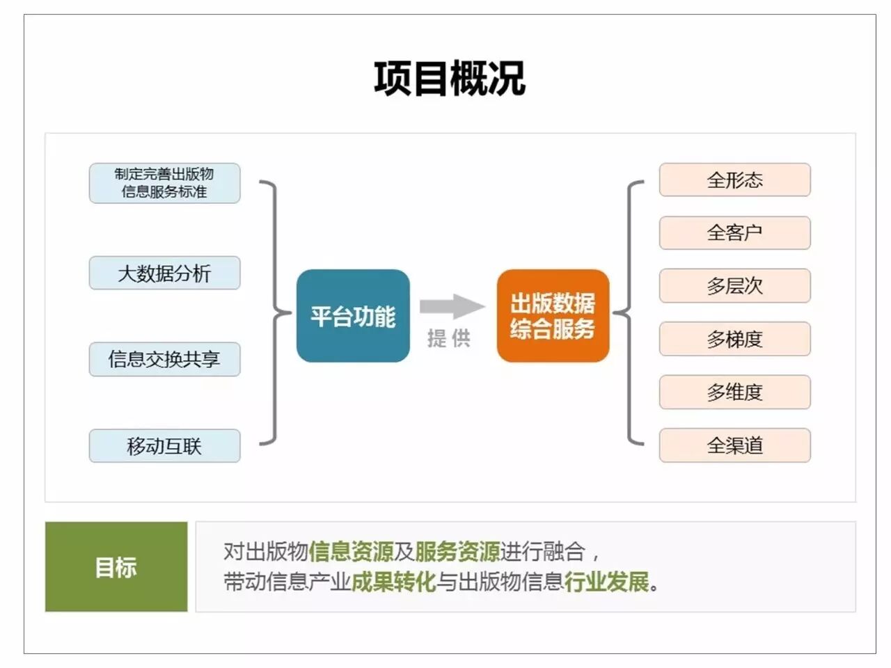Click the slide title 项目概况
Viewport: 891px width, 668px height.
tap(449, 78)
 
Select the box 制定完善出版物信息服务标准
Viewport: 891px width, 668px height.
tap(164, 183)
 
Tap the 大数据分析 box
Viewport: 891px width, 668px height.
tap(164, 273)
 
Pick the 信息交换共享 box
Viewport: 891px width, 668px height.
tap(164, 359)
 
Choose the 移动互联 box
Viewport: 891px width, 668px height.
tap(164, 445)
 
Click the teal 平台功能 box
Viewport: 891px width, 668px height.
tap(353, 316)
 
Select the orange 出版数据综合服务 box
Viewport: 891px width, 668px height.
tap(553, 316)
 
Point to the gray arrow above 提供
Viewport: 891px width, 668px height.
tap(451, 306)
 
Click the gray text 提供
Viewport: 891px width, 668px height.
tap(449, 338)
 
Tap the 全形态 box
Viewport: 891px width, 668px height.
tap(734, 180)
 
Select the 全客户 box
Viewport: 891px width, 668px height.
tap(734, 232)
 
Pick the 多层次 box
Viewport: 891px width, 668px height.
tap(734, 285)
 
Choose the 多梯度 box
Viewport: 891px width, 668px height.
tap(734, 339)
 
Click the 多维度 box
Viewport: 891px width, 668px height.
tap(734, 392)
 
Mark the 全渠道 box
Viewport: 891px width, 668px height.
tap(734, 445)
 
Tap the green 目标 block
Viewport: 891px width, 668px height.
tap(116, 566)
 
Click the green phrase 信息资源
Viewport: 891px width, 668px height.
tap(351, 552)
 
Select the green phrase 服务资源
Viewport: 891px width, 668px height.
tap(457, 552)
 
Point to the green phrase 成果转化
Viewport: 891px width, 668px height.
tap(393, 581)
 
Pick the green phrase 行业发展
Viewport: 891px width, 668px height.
tap(606, 581)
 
